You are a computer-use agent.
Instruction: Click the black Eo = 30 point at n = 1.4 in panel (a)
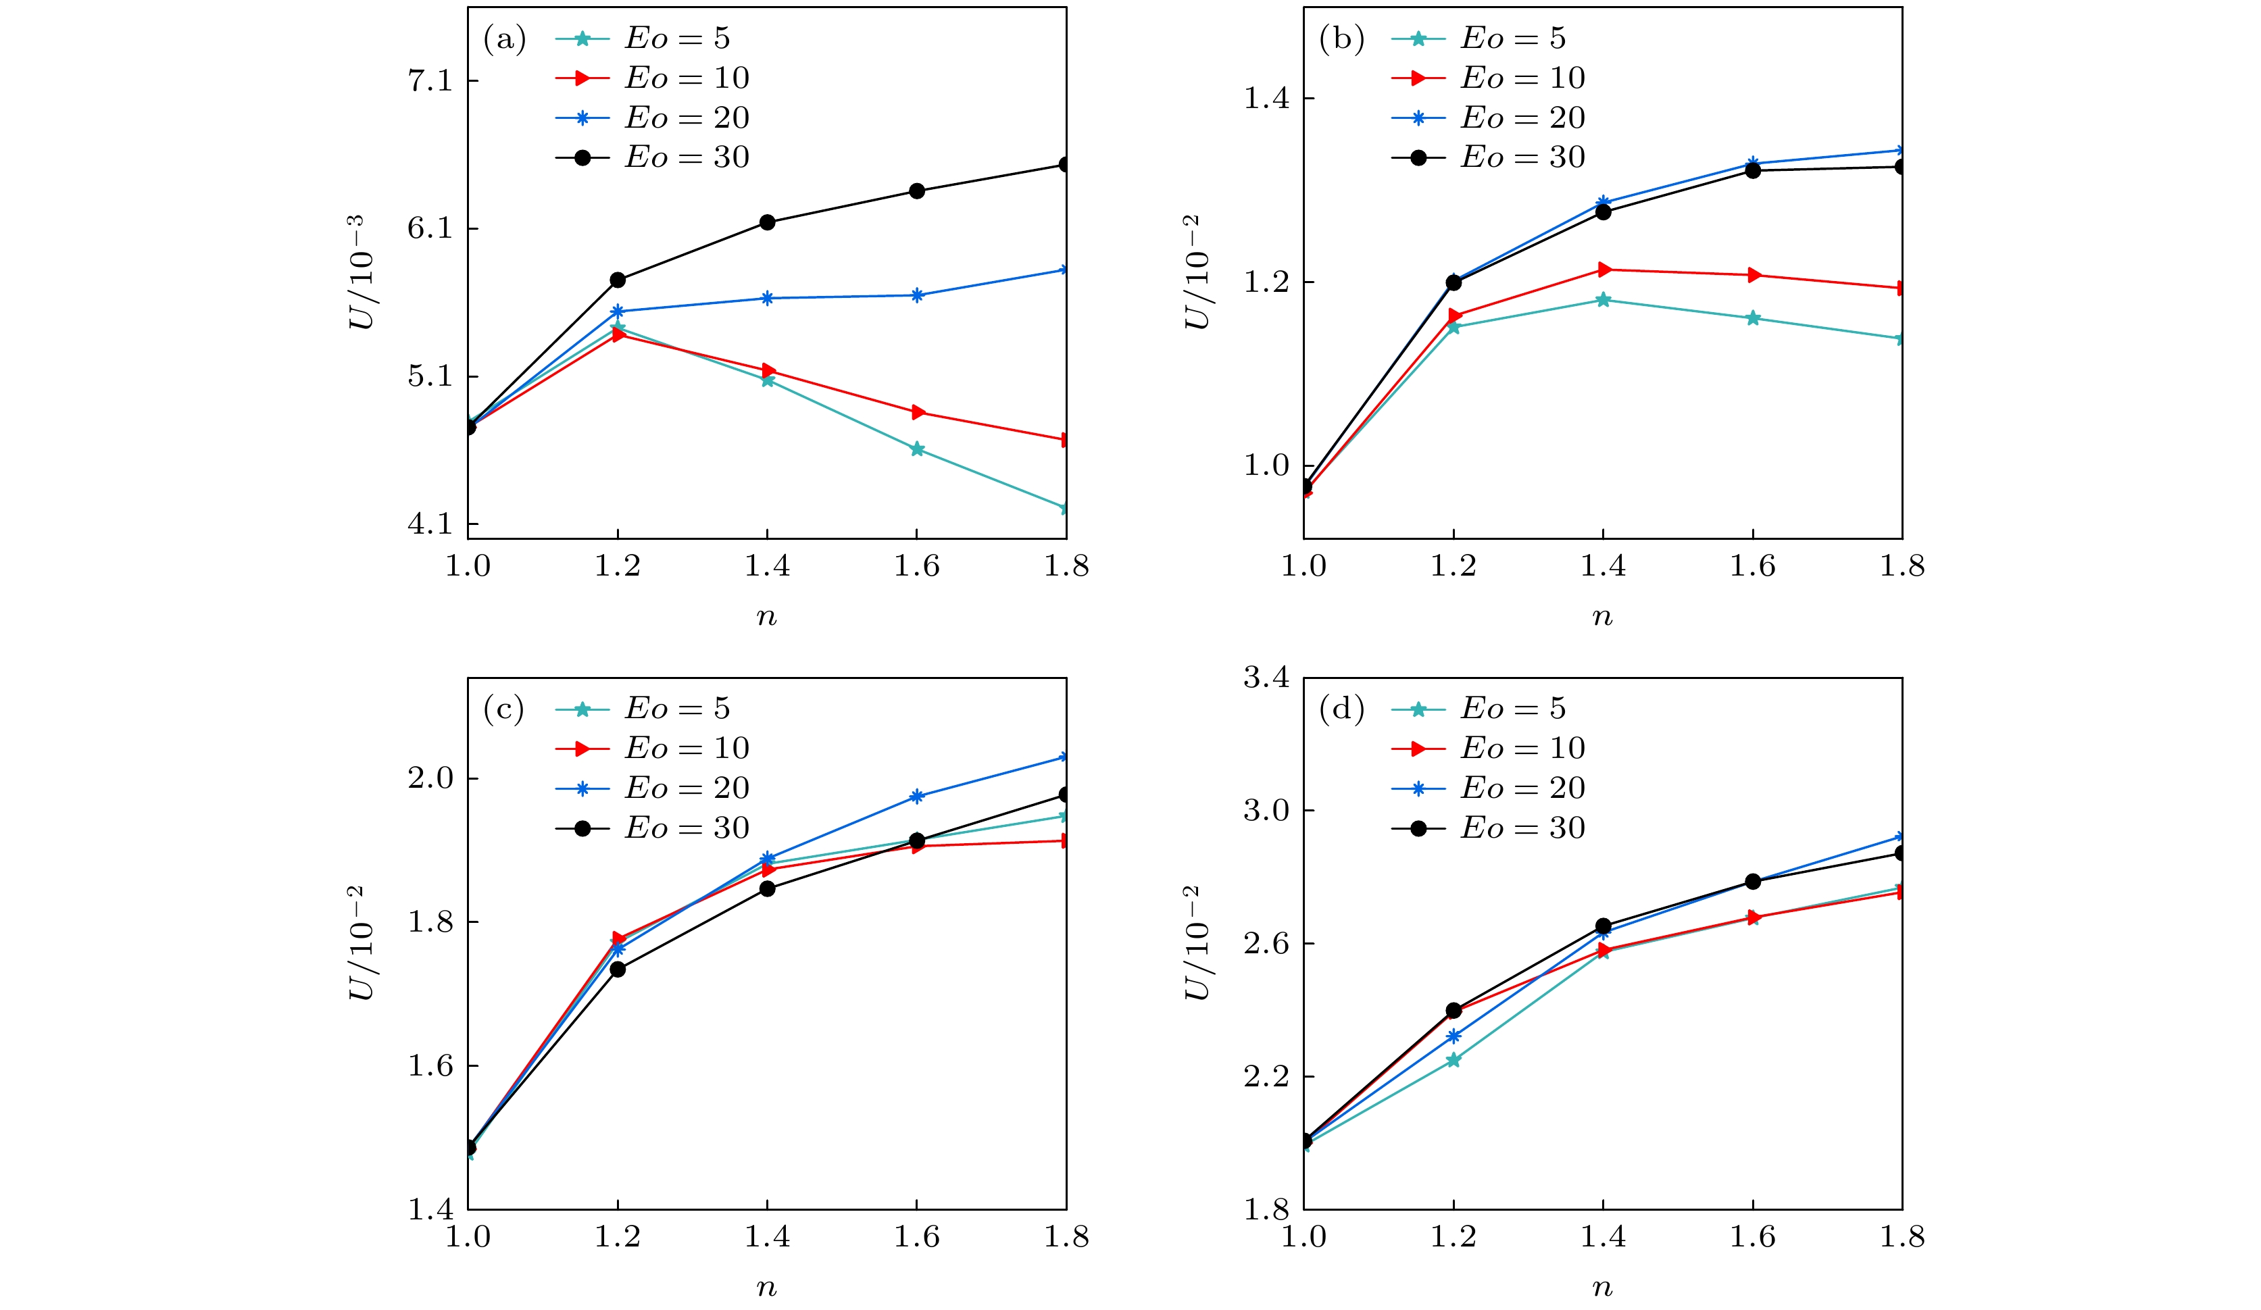(767, 222)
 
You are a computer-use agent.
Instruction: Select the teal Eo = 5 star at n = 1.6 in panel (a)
(917, 449)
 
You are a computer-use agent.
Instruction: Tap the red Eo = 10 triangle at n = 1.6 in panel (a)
(917, 413)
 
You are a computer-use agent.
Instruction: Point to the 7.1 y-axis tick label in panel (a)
(430, 82)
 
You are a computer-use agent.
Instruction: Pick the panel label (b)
(1341, 39)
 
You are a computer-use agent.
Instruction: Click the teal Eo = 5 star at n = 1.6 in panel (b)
(1753, 318)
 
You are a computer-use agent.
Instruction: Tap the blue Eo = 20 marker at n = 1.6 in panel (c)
(917, 797)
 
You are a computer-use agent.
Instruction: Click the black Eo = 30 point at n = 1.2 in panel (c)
(618, 969)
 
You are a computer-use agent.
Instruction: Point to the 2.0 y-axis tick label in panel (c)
(430, 778)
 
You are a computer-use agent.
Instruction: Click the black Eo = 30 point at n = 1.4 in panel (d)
(1604, 926)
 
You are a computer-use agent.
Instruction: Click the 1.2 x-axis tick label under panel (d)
(1453, 1237)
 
